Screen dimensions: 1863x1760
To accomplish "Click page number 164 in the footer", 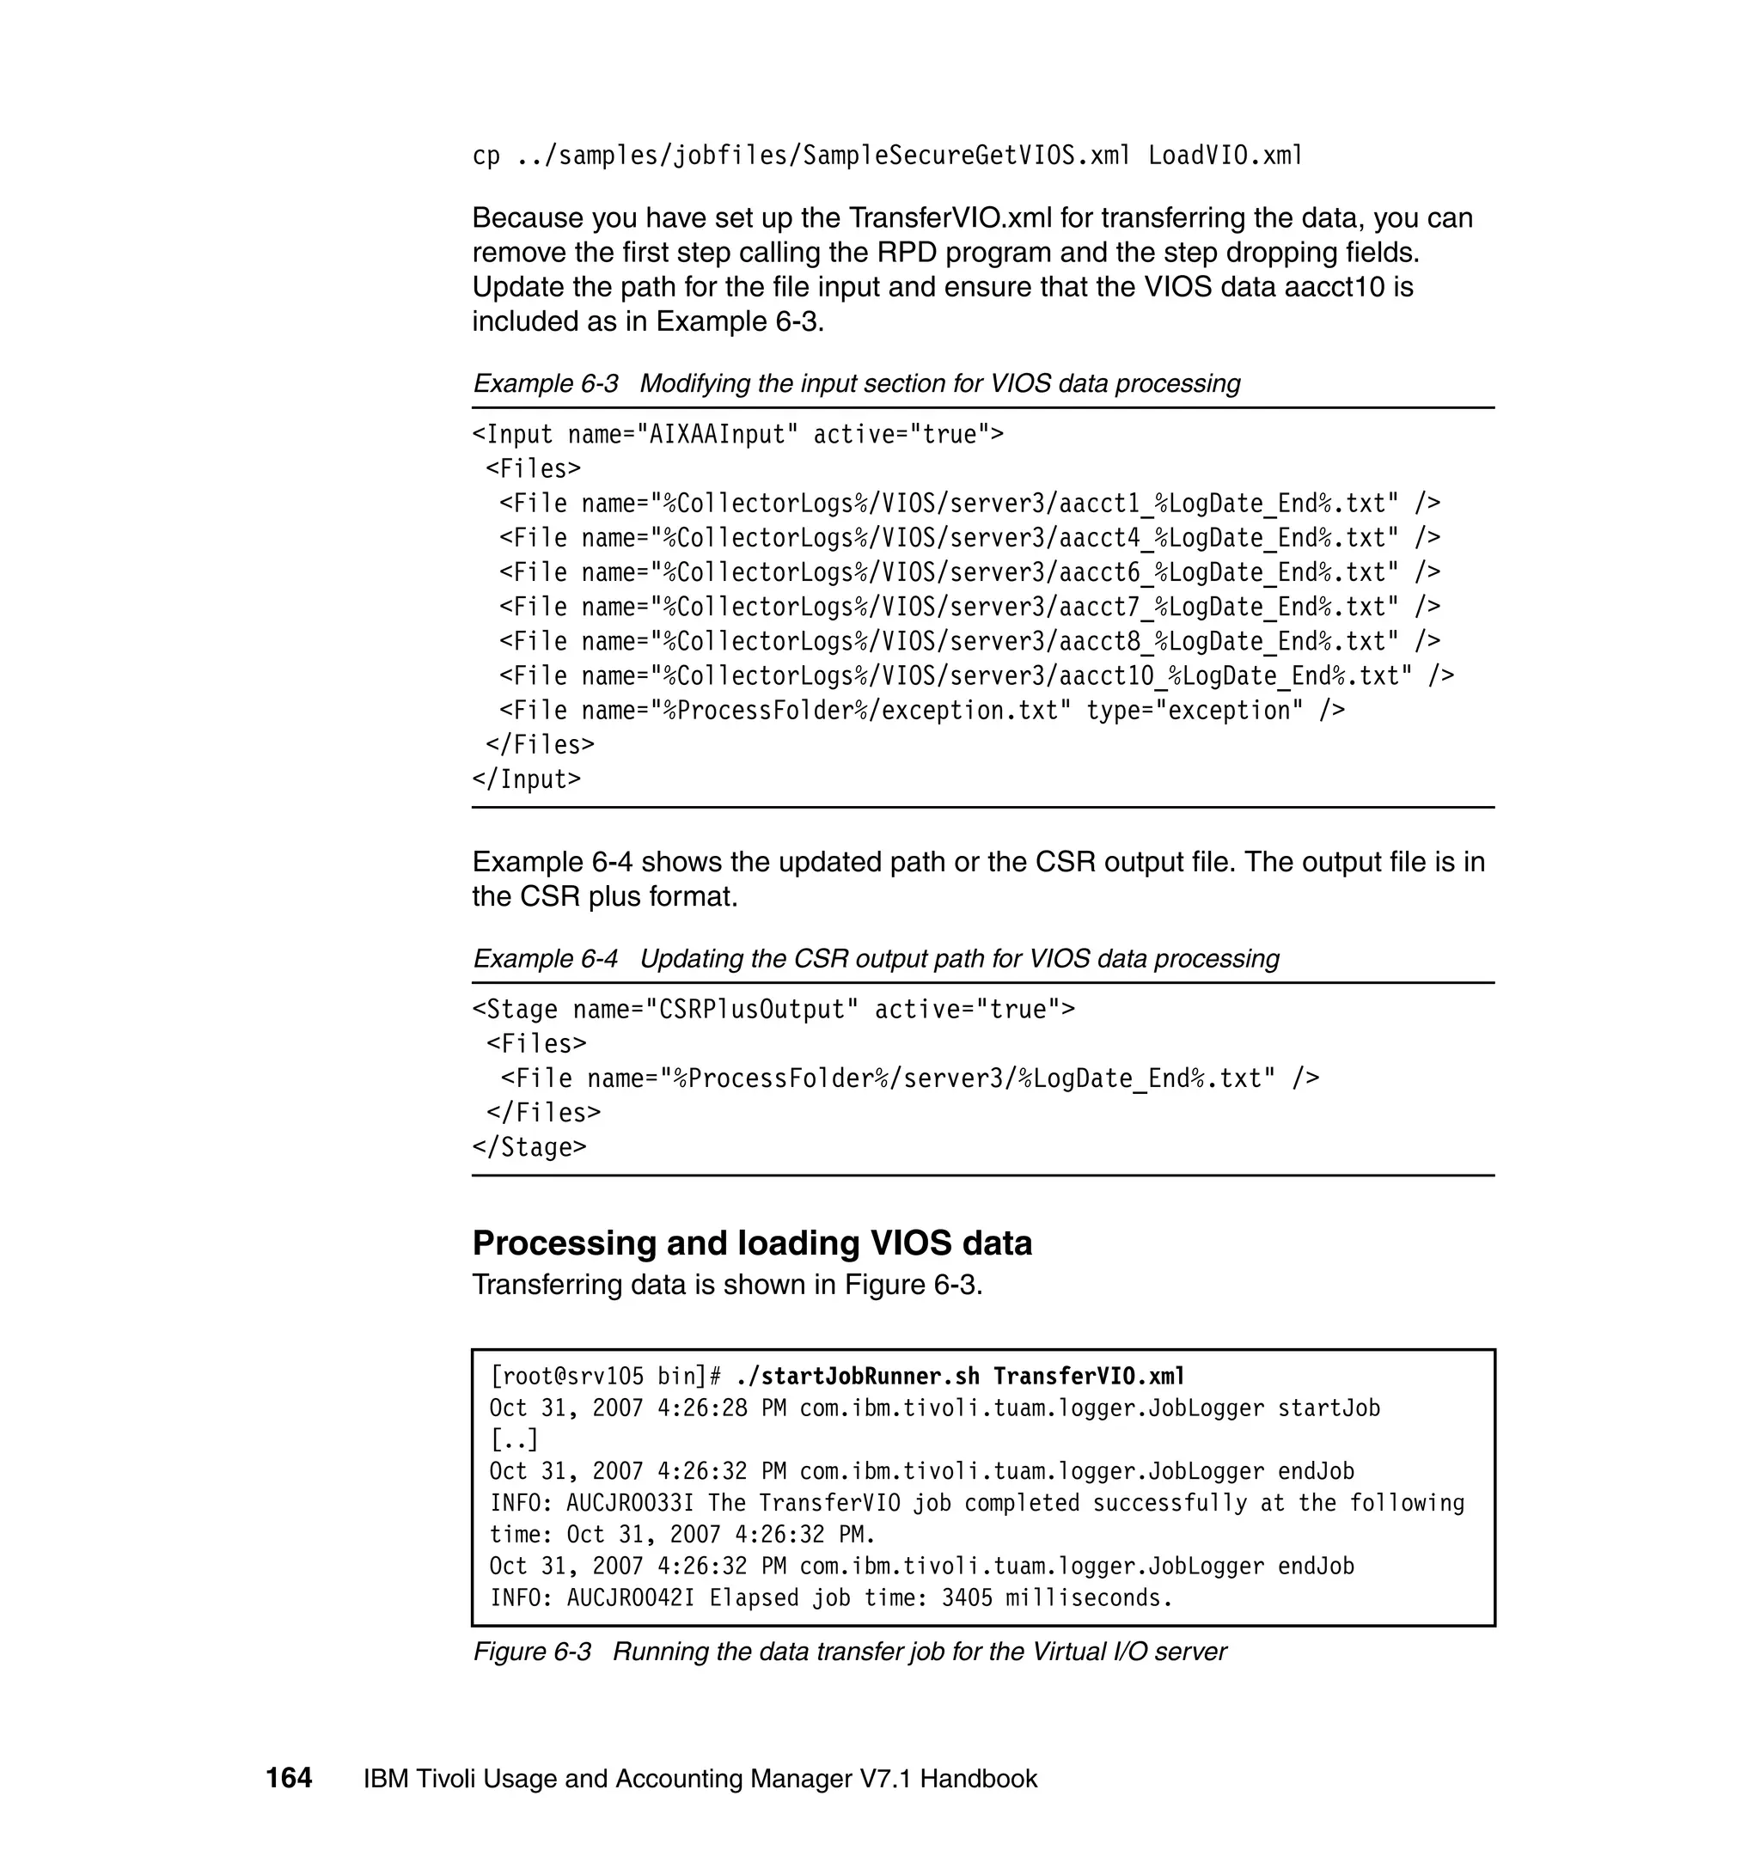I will (288, 1779).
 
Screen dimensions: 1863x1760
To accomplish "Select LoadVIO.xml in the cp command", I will (1225, 156).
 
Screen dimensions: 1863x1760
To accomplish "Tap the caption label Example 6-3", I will (545, 383).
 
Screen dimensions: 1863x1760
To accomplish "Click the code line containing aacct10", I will (975, 676).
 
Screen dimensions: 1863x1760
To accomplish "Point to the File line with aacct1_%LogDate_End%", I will (969, 504).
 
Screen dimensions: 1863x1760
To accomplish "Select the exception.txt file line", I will (921, 711).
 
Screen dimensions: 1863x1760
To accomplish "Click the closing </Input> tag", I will (526, 779).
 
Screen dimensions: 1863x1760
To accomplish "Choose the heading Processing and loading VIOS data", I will (751, 1243).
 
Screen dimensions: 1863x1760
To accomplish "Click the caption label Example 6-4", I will (545, 959).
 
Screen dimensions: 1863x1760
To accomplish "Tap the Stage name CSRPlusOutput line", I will (773, 1011).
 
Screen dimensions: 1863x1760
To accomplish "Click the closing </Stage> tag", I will (529, 1147).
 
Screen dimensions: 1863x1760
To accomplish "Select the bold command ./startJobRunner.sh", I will (858, 1376).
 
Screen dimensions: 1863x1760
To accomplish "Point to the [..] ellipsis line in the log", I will (514, 1439).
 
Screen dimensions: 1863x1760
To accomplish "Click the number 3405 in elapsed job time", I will (966, 1597).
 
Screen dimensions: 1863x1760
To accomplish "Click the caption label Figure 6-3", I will (532, 1652).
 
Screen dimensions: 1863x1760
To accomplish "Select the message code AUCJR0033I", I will (630, 1503).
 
